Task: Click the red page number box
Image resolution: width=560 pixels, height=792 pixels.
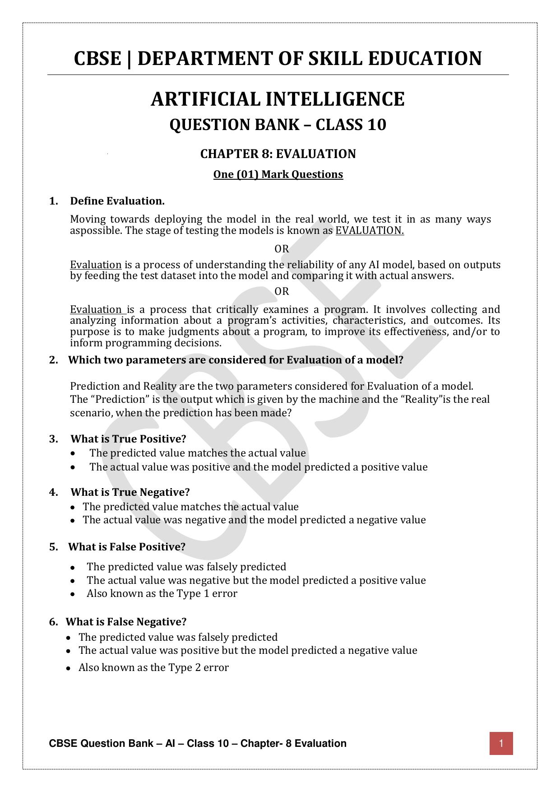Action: (x=501, y=743)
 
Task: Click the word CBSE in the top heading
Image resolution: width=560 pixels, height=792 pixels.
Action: (x=97, y=59)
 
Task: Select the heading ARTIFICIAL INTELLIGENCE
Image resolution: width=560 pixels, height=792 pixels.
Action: (x=278, y=99)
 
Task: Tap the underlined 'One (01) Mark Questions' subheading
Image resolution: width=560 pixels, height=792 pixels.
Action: (x=278, y=174)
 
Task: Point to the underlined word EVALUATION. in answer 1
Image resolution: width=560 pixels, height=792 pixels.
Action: (x=370, y=230)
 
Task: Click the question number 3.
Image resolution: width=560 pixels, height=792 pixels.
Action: (x=54, y=439)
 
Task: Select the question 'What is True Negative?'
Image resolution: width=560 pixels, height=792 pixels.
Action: (x=130, y=492)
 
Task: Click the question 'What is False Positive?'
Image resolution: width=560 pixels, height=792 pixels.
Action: (x=127, y=547)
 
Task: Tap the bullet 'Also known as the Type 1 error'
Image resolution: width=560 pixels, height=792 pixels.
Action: (x=162, y=593)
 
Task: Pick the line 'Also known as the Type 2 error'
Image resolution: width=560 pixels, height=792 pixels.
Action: (x=153, y=667)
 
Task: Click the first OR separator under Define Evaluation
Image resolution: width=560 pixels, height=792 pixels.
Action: (x=282, y=249)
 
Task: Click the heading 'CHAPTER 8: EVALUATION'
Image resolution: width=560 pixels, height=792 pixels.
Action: (x=278, y=154)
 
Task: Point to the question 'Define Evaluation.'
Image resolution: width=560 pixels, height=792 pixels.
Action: (x=117, y=201)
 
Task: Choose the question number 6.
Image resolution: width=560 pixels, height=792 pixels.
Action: (x=54, y=622)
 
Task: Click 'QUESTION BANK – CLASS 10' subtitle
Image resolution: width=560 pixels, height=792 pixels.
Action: (x=278, y=125)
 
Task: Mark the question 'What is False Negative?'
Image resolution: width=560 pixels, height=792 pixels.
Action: (x=126, y=622)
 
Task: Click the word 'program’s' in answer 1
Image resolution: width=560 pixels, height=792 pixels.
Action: (x=253, y=321)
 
